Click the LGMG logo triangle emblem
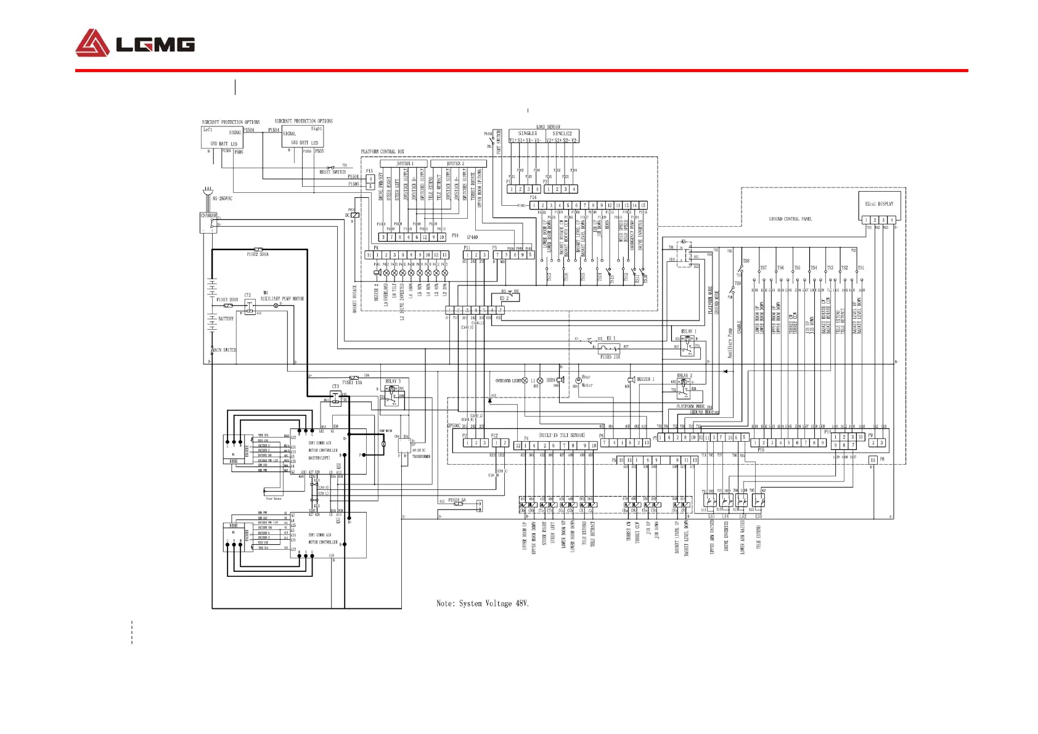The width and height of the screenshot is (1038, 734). tap(92, 43)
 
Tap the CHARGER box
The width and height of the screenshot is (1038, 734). tap(208, 223)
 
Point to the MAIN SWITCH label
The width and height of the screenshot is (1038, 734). tap(224, 350)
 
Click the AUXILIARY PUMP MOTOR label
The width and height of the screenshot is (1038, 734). tap(282, 299)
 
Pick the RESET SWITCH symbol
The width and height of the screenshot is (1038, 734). tap(330, 168)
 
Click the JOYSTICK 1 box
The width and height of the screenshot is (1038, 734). tap(404, 164)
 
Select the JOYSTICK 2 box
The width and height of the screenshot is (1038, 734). tap(458, 164)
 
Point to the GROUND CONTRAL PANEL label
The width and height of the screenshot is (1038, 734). tap(790, 219)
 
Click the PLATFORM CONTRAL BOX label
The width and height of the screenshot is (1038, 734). tap(383, 152)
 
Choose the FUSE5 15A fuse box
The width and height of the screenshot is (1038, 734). tap(609, 349)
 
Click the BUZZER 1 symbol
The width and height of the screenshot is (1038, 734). tap(631, 380)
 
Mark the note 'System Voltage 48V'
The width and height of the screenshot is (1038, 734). tap(483, 603)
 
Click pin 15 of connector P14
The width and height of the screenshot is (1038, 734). tap(643, 205)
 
